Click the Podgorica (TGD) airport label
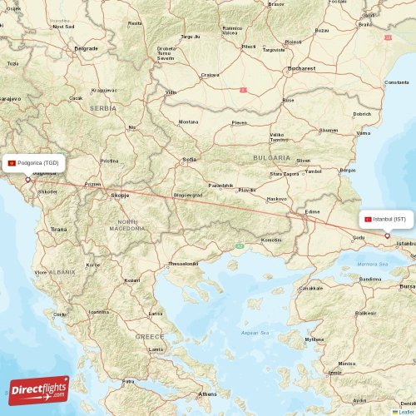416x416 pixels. pos(34,163)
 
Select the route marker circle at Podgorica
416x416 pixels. pos(27,180)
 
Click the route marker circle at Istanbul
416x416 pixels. pos(387,235)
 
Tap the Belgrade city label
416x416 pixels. pos(86,48)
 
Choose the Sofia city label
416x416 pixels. pos(189,158)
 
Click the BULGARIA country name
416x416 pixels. pos(271,157)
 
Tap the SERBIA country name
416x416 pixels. pos(103,108)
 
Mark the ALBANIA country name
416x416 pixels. pos(62,272)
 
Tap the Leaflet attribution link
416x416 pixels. pos(405,412)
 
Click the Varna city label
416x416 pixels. pos(363,133)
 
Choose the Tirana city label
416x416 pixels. pos(58,229)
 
